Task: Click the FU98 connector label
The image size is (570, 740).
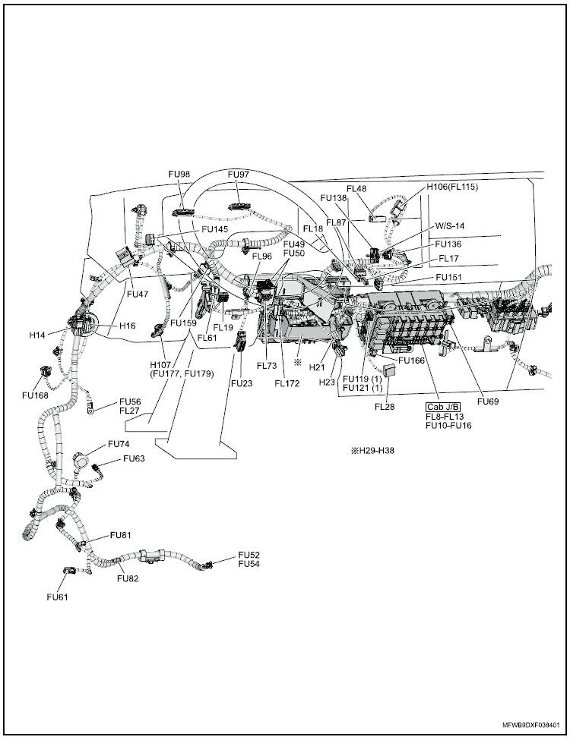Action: tap(179, 174)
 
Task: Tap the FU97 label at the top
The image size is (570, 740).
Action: tap(239, 174)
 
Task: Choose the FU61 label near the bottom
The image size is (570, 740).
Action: tap(57, 597)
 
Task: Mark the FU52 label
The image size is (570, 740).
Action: tap(249, 555)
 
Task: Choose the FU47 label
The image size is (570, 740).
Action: tap(138, 292)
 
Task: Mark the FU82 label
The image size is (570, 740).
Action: tap(128, 578)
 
